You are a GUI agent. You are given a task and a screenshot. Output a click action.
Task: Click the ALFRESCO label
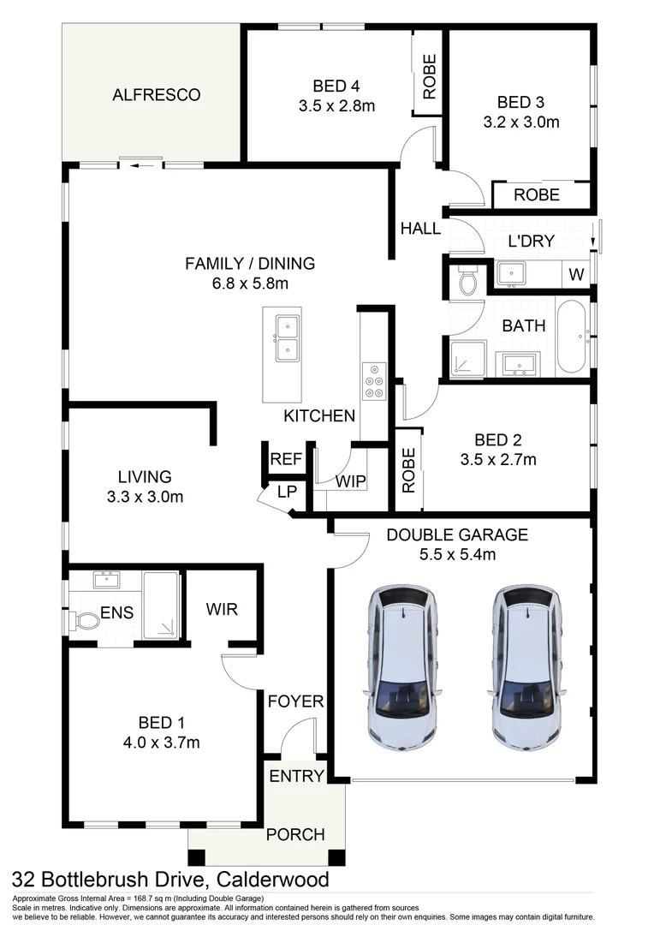point(156,94)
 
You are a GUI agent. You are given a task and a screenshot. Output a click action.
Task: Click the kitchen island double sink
point(288,338)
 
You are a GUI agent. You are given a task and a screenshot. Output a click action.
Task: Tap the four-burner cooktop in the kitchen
point(374,381)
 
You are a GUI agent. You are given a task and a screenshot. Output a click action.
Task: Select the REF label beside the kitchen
point(286,459)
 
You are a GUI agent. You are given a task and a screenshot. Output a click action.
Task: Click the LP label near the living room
point(286,492)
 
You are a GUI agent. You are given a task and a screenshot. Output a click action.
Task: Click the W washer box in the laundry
point(575,275)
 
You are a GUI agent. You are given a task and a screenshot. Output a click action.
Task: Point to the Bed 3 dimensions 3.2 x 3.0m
point(521,122)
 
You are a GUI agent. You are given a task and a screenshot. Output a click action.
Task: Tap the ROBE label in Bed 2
point(408,470)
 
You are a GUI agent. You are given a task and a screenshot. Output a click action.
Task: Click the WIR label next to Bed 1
point(222,610)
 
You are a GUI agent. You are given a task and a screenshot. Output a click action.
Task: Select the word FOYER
point(295,701)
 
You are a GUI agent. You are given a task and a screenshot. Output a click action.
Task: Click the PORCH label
point(295,833)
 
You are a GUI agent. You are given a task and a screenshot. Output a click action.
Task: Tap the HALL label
point(420,229)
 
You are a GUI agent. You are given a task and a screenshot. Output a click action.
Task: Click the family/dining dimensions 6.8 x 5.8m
point(250,283)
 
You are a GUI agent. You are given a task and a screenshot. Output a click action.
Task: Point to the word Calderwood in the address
point(272,880)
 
